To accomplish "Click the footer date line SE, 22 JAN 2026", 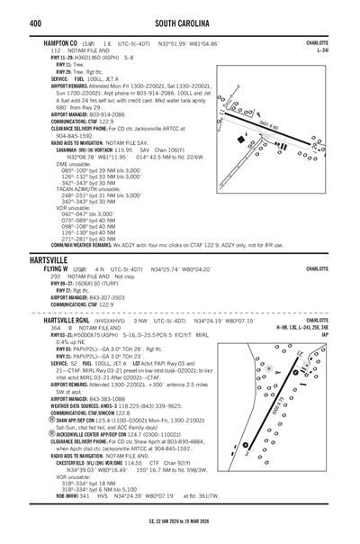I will pyautogui.click(x=179, y=535).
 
